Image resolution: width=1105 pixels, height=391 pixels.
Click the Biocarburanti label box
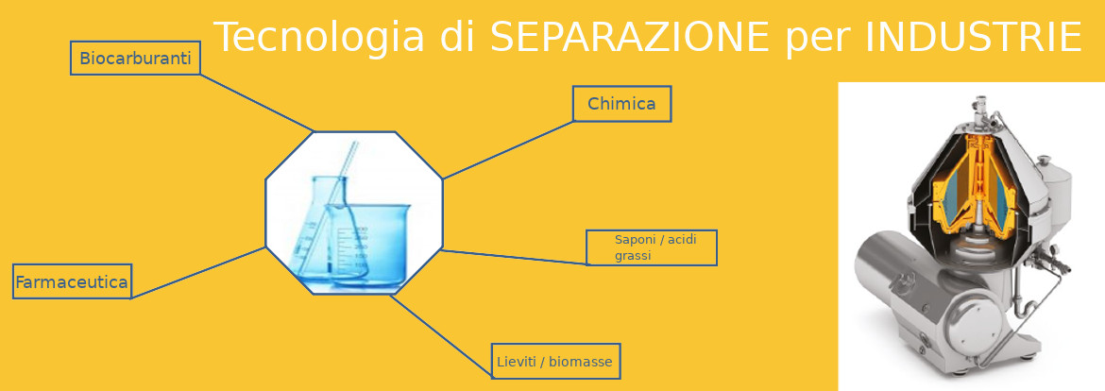[135, 58]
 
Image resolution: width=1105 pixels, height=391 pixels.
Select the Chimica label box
[621, 104]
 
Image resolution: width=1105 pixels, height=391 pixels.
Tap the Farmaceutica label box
[72, 281]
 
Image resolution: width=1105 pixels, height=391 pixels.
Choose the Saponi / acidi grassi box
[651, 247]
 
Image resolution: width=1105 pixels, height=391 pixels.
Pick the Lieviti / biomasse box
[555, 362]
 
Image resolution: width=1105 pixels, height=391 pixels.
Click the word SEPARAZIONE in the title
[629, 38]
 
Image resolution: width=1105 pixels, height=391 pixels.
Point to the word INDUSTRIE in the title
[973, 38]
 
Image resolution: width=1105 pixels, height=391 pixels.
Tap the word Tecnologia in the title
[319, 38]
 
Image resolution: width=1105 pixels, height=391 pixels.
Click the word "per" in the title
[816, 41]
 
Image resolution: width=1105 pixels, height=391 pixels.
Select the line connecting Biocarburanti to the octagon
[257, 103]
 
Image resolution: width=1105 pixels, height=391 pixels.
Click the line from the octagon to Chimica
[508, 150]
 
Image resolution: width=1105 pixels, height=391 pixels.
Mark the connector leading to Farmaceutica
[198, 273]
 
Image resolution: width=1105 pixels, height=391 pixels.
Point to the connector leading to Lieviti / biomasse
[441, 334]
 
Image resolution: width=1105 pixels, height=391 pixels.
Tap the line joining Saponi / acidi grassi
[514, 257]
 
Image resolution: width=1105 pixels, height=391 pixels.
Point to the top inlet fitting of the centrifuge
[978, 110]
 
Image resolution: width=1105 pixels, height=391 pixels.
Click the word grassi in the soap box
[633, 256]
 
